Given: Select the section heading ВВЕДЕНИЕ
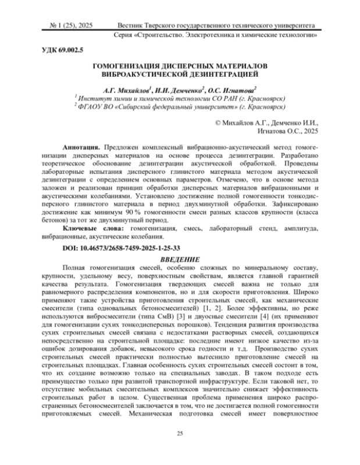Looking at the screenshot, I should point(180,258).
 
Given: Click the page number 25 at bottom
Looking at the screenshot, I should point(180,433).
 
